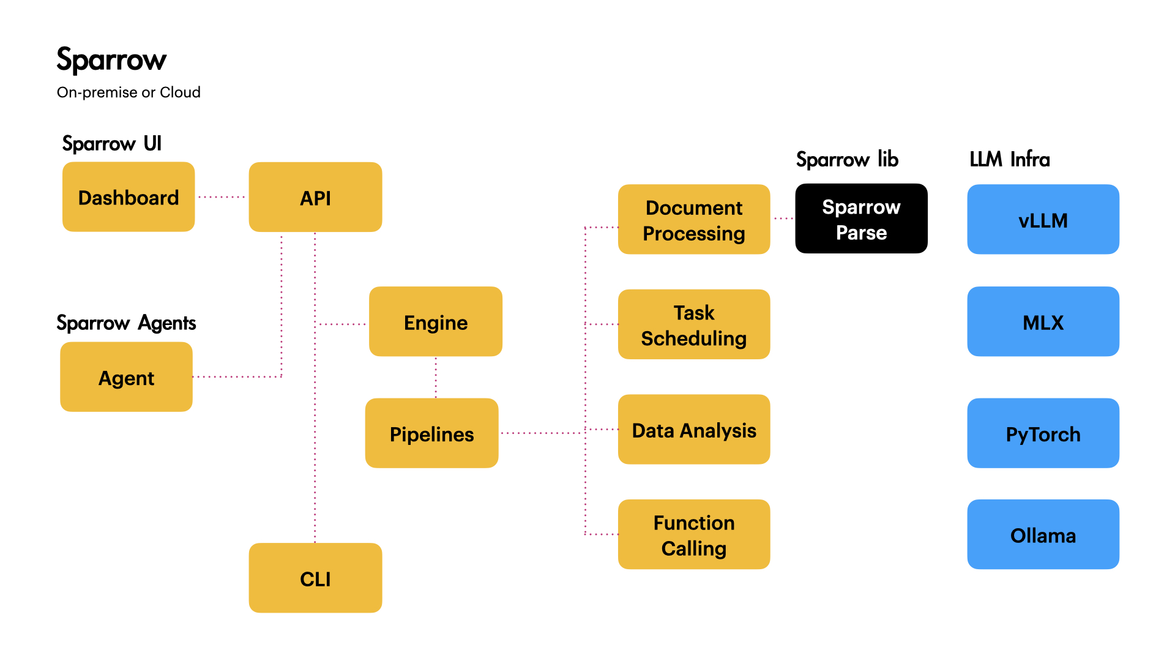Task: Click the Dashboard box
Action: [129, 197]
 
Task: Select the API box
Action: [315, 197]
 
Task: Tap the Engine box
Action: [436, 322]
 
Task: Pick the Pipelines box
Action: [431, 433]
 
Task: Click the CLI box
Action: [315, 578]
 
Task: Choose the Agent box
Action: [126, 377]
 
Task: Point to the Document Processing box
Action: [694, 220]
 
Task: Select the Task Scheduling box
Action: [694, 324]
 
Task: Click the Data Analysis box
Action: [694, 430]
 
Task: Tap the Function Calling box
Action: [694, 534]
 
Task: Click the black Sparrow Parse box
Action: [861, 218]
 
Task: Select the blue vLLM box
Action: [1043, 220]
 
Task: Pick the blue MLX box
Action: [1043, 322]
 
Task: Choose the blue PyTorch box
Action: [1043, 433]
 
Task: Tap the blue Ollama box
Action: [1043, 534]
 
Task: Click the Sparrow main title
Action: [111, 60]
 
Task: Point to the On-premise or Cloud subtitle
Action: [129, 92]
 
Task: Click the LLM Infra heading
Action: [1009, 159]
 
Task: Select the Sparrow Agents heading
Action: [126, 323]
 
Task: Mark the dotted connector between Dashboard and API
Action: [222, 197]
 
